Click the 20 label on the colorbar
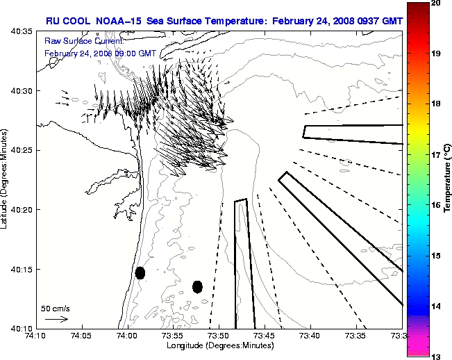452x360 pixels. (x=435, y=4)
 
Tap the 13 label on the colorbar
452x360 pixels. (x=435, y=357)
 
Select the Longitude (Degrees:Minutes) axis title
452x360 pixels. (x=218, y=345)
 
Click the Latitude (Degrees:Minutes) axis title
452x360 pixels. (x=6, y=179)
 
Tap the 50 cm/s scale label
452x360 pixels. (x=55, y=308)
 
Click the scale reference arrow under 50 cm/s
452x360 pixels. (x=56, y=319)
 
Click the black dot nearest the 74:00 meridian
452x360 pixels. (x=140, y=272)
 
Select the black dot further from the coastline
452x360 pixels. (x=197, y=286)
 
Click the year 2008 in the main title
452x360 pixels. (x=332, y=21)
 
